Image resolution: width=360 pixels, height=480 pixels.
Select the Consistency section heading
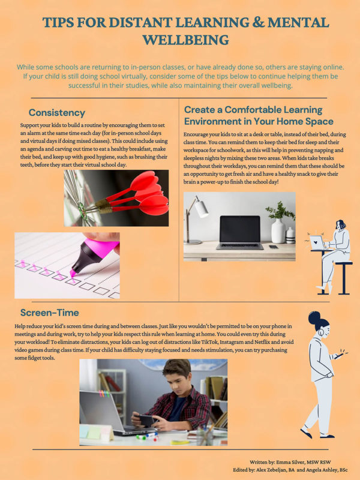point(56,112)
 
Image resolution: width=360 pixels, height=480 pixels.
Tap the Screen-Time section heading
point(49,313)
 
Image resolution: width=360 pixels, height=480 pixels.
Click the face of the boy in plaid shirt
point(176,379)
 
